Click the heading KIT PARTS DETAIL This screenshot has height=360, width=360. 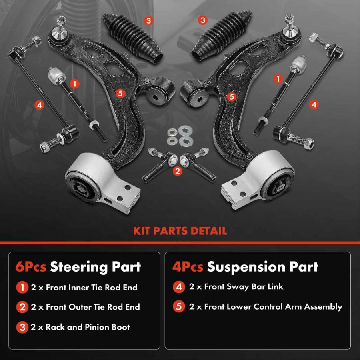(x=180, y=231)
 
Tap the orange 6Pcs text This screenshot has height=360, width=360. (x=31, y=267)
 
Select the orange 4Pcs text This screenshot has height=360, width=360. (x=188, y=267)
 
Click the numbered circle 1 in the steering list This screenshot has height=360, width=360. (x=22, y=288)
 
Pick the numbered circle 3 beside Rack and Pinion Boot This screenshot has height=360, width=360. (x=22, y=327)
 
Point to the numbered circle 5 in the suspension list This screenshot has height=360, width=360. (x=179, y=306)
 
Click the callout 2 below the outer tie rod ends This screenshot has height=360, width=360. (x=178, y=171)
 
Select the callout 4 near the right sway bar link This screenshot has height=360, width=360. (x=314, y=105)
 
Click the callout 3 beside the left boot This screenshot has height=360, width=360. (x=148, y=21)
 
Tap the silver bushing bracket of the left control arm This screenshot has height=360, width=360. (x=103, y=182)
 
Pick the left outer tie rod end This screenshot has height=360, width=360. (x=160, y=165)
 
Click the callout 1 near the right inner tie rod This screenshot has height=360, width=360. (x=278, y=79)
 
